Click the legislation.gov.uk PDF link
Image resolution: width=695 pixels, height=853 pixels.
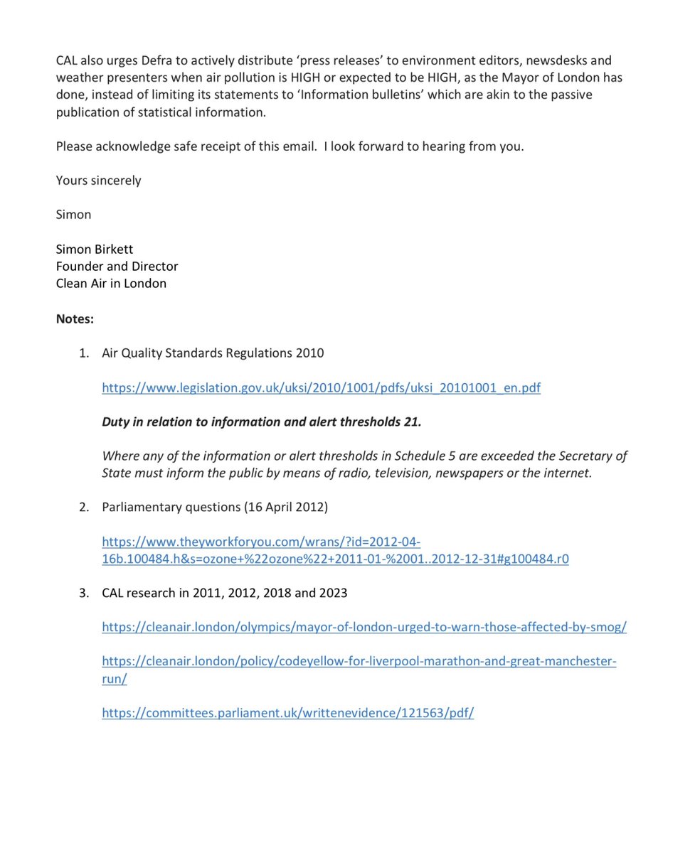321,388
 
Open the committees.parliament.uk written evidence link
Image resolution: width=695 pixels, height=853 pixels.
287,713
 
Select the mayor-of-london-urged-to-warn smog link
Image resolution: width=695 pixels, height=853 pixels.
364,627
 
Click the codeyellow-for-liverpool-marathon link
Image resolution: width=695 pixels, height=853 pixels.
359,662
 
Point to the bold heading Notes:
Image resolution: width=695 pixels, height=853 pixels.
75,319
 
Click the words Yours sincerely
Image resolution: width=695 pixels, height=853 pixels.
98,181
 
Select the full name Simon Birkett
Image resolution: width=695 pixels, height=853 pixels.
95,250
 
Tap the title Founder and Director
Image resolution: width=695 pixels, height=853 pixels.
117,267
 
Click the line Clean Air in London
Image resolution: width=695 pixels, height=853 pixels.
111,284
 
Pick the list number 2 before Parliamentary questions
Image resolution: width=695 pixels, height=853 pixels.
84,507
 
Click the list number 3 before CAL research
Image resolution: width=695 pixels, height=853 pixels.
84,593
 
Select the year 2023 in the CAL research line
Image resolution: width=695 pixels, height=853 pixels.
332,593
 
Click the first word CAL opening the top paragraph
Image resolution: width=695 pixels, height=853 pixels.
68,61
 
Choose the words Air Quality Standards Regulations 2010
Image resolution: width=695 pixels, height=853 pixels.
213,353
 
